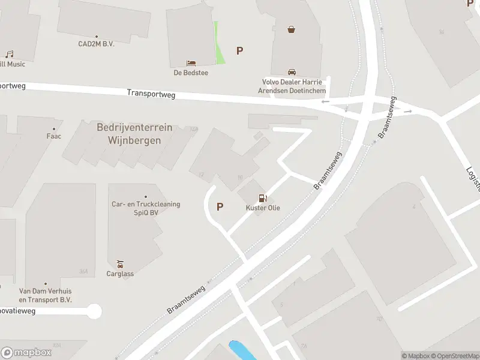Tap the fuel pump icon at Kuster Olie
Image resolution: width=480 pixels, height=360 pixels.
262,198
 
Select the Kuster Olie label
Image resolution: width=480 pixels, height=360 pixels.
263,208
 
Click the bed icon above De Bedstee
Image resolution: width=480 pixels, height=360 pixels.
191,63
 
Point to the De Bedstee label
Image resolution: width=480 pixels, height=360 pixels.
191,73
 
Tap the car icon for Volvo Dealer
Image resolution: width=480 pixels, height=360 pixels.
292,71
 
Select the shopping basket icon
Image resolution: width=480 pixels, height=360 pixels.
292,29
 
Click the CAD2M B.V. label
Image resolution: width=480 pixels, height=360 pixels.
96,44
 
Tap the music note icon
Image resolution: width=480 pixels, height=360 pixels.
9,54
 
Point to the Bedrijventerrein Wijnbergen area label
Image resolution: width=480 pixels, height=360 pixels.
134,134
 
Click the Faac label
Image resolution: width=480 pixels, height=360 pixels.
54,136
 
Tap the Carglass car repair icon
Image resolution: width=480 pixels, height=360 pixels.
121,264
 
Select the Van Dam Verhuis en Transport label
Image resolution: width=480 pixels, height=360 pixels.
45,295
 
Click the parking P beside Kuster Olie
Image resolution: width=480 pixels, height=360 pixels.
220,207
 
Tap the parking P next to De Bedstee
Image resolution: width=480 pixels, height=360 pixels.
239,51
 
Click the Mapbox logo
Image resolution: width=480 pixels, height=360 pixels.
26,353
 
